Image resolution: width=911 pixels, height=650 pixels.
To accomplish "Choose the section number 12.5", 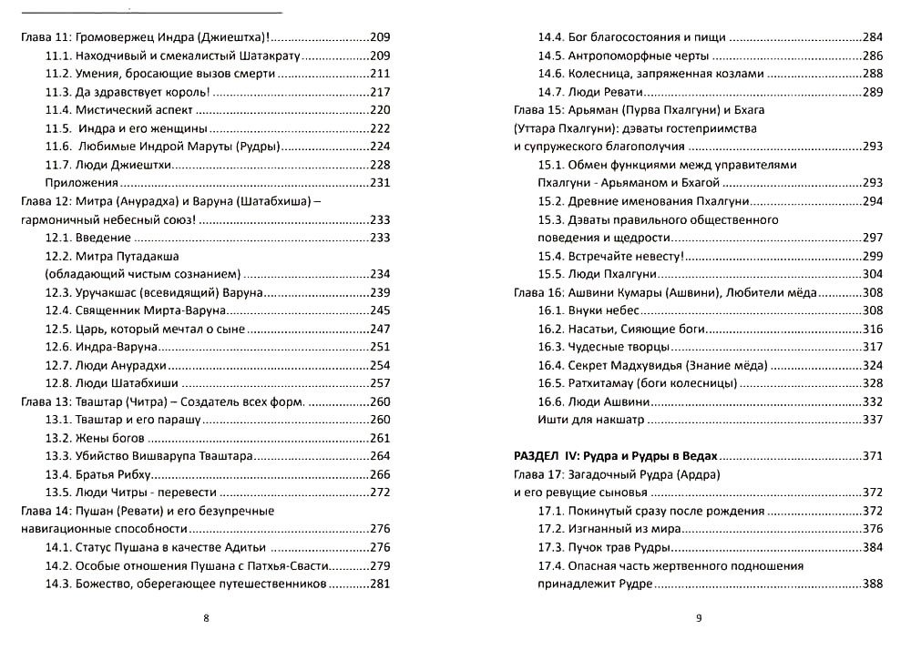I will [x=59, y=329].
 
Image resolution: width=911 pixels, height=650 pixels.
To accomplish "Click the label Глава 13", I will [x=43, y=401].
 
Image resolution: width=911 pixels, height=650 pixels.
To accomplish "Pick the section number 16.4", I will [x=552, y=365].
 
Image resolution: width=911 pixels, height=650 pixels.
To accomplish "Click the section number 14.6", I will [x=552, y=74].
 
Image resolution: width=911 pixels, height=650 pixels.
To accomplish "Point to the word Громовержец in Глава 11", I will [x=120, y=37].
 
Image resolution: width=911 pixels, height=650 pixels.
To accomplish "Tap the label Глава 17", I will [x=536, y=474].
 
